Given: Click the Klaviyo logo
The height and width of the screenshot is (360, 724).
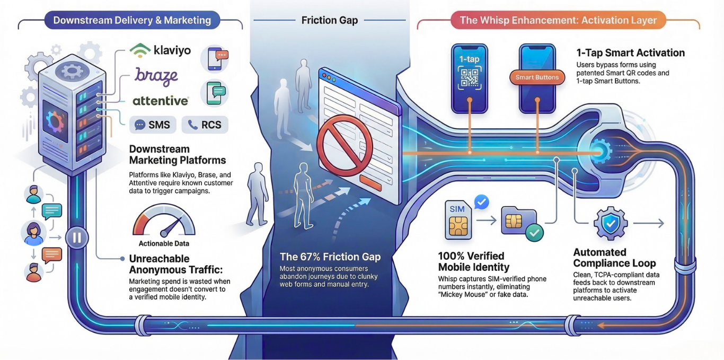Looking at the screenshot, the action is point(160,51).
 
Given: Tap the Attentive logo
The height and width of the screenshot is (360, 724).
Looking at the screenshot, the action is point(160,100).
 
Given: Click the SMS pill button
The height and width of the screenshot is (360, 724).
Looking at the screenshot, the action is point(153,125).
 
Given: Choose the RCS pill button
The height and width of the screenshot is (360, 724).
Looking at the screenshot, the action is point(205,125).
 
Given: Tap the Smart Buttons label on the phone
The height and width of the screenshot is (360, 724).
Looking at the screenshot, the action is point(537,77).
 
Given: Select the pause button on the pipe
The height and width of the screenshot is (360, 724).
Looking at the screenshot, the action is point(77,238).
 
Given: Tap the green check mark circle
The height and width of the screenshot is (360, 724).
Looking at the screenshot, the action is point(534,232).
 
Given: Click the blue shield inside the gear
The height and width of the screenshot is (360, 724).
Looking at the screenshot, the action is point(611,224).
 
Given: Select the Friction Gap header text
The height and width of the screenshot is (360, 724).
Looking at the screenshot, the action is point(330,20).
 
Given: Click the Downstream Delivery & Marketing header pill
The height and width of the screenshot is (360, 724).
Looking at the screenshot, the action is point(132,21).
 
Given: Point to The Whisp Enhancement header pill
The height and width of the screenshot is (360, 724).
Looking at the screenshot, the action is point(558,21).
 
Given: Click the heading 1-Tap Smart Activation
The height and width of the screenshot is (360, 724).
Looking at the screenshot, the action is point(630,53).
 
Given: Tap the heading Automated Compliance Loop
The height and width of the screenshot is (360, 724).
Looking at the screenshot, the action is point(614,258).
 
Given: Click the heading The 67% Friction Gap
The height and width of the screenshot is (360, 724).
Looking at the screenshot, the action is point(330,257).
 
